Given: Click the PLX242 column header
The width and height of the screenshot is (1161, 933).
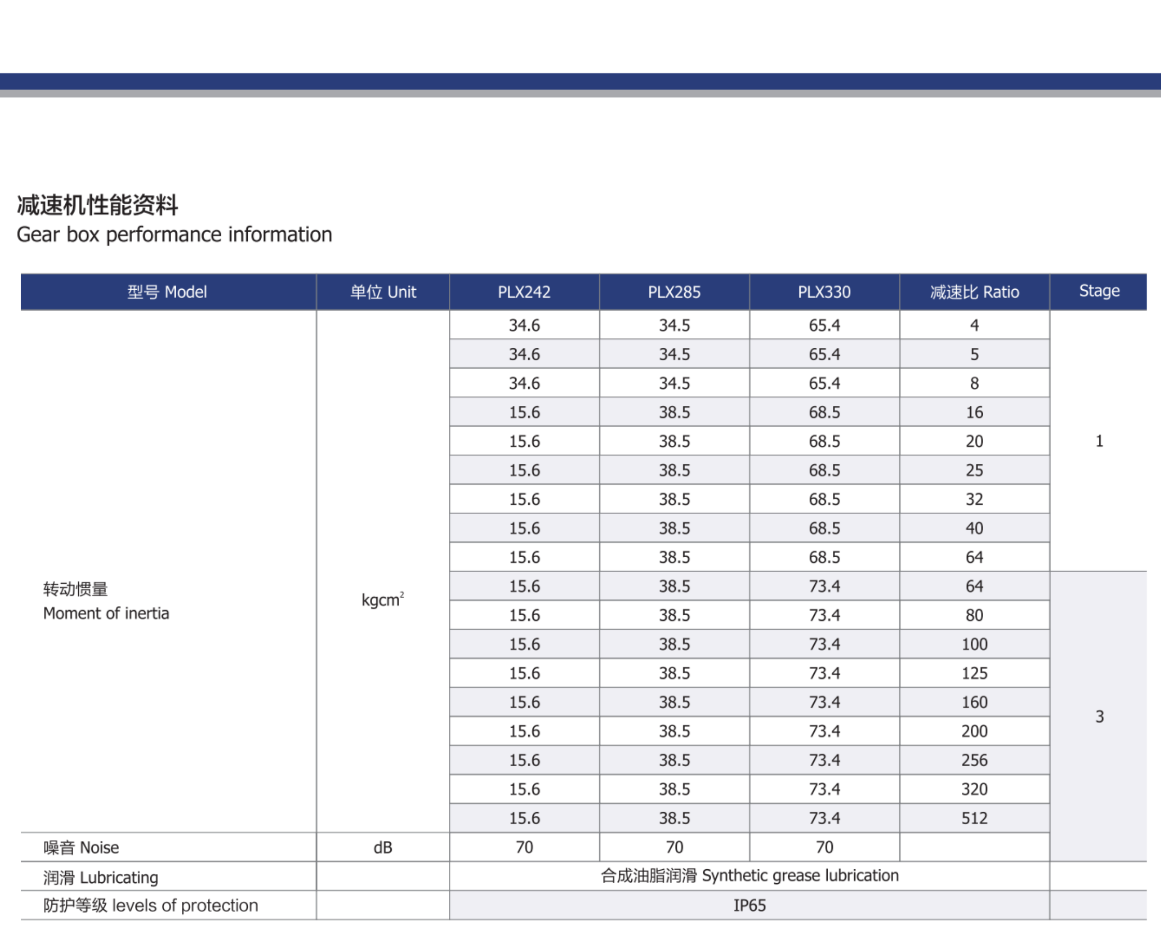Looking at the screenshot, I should [524, 292].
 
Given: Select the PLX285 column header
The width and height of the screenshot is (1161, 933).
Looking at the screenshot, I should [674, 292].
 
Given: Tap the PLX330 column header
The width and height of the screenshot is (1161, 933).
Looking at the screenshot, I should [824, 292].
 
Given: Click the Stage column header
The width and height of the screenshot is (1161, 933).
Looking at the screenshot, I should [1099, 291].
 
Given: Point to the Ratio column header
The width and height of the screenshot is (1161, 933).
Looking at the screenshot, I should [974, 292].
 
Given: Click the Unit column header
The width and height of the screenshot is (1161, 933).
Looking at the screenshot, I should [383, 292].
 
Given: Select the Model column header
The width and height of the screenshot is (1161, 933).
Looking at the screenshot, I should [167, 292].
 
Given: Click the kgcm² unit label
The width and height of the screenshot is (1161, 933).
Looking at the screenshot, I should [383, 600].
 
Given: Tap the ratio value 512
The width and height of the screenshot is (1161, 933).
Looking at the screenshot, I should [974, 818].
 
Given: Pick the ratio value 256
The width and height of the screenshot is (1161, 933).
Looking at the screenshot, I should [974, 760].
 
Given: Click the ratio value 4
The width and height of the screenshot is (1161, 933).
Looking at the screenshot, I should [974, 326].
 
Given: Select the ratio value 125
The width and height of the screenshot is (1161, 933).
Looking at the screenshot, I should [974, 673].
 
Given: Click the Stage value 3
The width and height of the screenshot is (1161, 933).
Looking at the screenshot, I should [1099, 716].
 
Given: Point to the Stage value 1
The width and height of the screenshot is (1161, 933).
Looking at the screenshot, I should [1099, 441].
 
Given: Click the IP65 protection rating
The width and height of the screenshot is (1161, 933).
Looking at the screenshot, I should [749, 906].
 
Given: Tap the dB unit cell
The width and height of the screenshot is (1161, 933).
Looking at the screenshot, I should [383, 847].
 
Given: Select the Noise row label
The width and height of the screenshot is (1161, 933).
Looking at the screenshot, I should [81, 847].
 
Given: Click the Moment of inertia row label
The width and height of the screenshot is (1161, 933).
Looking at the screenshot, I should [106, 613].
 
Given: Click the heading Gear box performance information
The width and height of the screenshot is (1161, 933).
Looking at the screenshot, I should [175, 235].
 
